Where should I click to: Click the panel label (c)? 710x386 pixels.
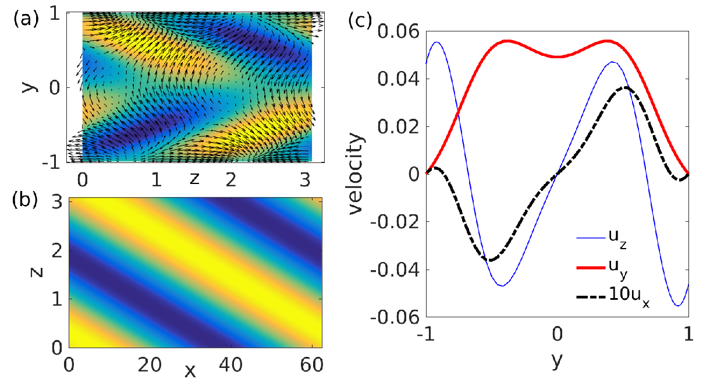(x=360, y=20)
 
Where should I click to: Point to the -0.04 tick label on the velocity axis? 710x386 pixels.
(x=395, y=270)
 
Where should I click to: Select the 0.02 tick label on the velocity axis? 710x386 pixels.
(x=399, y=126)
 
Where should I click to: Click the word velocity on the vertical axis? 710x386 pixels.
(x=356, y=174)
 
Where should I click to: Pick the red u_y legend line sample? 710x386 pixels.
(x=591, y=268)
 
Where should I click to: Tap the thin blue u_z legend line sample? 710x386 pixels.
(x=591, y=238)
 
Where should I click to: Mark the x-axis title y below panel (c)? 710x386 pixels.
(x=557, y=360)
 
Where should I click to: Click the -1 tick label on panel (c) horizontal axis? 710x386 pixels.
(x=425, y=334)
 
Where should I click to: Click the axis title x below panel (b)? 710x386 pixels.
(x=190, y=371)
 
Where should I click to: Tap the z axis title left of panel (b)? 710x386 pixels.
(x=37, y=272)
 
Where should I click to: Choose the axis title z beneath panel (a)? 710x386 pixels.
(x=194, y=179)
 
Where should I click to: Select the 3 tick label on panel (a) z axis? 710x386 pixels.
(x=305, y=180)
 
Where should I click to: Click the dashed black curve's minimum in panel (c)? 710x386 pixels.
(x=491, y=260)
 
